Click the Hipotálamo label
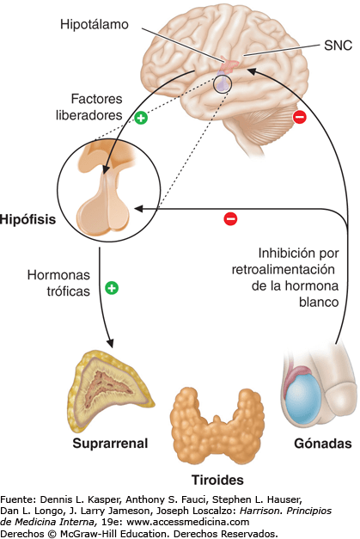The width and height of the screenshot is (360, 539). click(x=95, y=25)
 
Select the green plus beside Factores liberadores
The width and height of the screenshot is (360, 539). click(x=141, y=118)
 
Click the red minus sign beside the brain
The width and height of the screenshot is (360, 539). click(x=300, y=117)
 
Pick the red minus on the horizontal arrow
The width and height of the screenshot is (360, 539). click(x=229, y=219)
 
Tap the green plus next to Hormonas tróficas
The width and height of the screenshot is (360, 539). click(x=111, y=288)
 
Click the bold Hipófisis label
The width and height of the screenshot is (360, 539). click(x=28, y=220)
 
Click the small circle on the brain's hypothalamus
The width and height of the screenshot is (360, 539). click(x=223, y=83)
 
